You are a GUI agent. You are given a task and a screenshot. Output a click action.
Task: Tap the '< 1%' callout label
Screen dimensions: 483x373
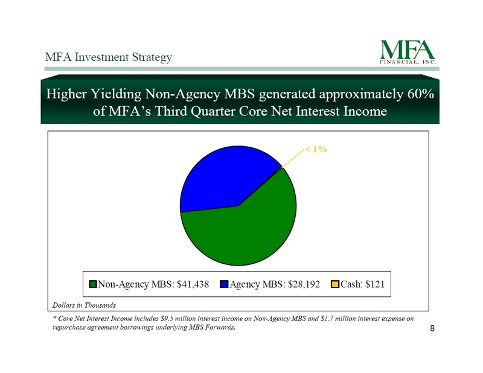(x=315, y=150)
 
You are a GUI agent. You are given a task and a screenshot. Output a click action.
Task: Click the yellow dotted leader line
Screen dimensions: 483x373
(x=293, y=158)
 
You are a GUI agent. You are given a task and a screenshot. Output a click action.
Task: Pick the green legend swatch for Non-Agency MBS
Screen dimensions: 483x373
(x=93, y=284)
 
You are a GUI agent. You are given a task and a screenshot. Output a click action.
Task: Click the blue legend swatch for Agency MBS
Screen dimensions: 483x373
(x=224, y=284)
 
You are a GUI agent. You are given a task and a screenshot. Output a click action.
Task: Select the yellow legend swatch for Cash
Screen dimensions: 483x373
(x=334, y=284)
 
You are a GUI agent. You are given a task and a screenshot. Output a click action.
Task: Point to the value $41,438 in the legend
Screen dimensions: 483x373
(x=193, y=284)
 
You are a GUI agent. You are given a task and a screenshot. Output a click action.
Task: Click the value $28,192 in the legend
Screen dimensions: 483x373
(x=304, y=284)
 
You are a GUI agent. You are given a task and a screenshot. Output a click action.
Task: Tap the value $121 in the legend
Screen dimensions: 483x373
(x=375, y=284)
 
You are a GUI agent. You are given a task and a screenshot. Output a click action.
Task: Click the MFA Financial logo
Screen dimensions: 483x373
(x=408, y=52)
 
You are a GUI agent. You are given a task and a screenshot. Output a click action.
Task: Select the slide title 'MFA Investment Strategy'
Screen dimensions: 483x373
(x=109, y=57)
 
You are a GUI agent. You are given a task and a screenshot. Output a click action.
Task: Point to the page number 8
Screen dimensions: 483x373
(x=432, y=328)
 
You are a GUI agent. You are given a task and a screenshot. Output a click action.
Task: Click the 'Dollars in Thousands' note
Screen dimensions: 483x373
(x=84, y=305)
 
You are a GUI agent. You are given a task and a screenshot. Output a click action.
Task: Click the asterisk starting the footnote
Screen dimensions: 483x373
(x=54, y=317)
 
